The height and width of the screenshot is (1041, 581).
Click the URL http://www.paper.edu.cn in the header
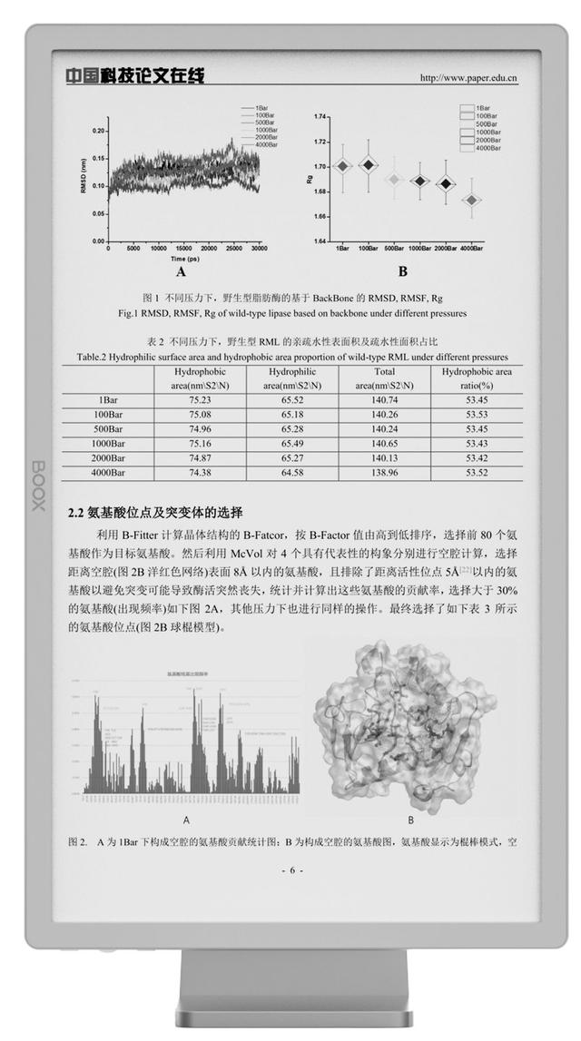pos(468,78)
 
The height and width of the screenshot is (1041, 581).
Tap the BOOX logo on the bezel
pos(37,486)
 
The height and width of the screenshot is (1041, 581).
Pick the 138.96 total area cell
pos(384,473)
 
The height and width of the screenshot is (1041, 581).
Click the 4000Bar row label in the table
pos(108,473)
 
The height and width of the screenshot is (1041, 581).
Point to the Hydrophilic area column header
pos(292,378)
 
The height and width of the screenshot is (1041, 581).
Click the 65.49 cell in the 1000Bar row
pos(292,443)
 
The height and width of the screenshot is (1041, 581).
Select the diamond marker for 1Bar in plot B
pos(342,166)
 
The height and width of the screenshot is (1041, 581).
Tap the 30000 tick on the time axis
pos(259,248)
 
